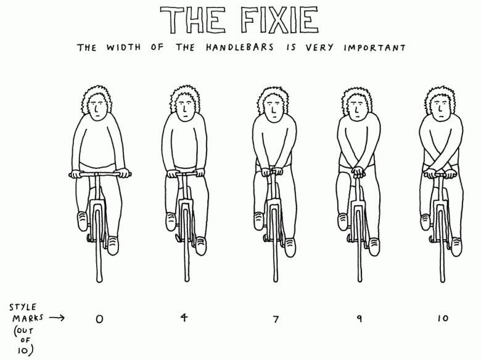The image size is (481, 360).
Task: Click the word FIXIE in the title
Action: point(279,20)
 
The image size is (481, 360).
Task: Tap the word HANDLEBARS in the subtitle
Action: point(240,47)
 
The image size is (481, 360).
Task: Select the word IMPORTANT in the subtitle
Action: point(374,48)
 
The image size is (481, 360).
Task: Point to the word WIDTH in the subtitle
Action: point(123,47)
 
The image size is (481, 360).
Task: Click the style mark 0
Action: point(99,319)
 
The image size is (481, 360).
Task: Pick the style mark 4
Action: point(184,317)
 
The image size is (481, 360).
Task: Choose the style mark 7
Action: point(276,319)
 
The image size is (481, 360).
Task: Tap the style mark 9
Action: point(360,319)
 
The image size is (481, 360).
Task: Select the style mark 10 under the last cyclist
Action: point(443,318)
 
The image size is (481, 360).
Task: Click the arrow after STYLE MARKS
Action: point(57,317)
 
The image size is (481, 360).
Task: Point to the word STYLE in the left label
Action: point(23,307)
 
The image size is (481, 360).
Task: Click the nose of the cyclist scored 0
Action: point(96,108)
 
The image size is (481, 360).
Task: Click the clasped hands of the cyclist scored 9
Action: point(358,172)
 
